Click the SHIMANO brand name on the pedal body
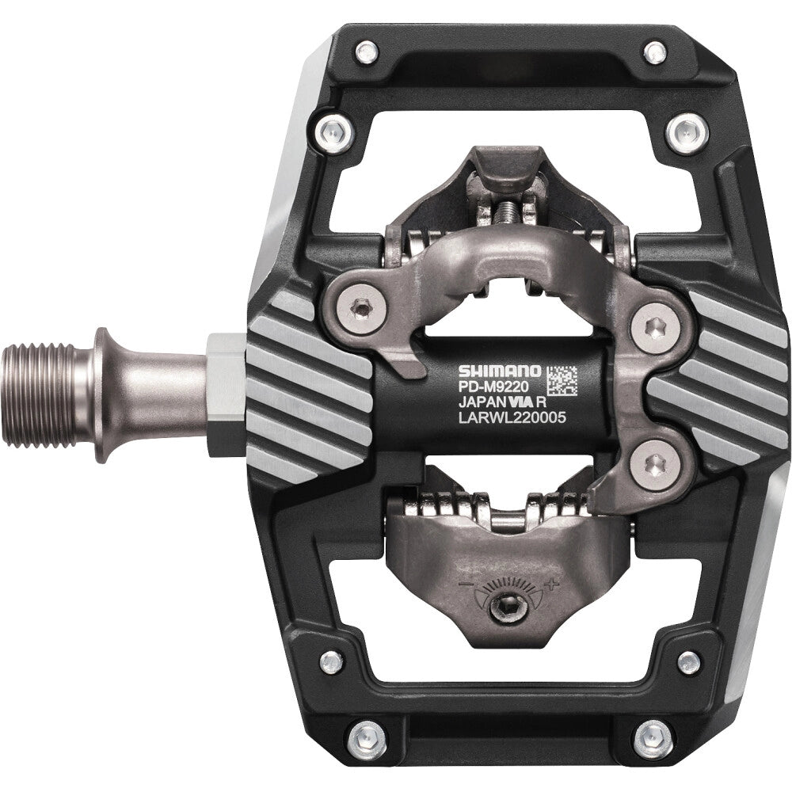pos(499,371)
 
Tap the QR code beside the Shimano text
pos(562,381)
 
